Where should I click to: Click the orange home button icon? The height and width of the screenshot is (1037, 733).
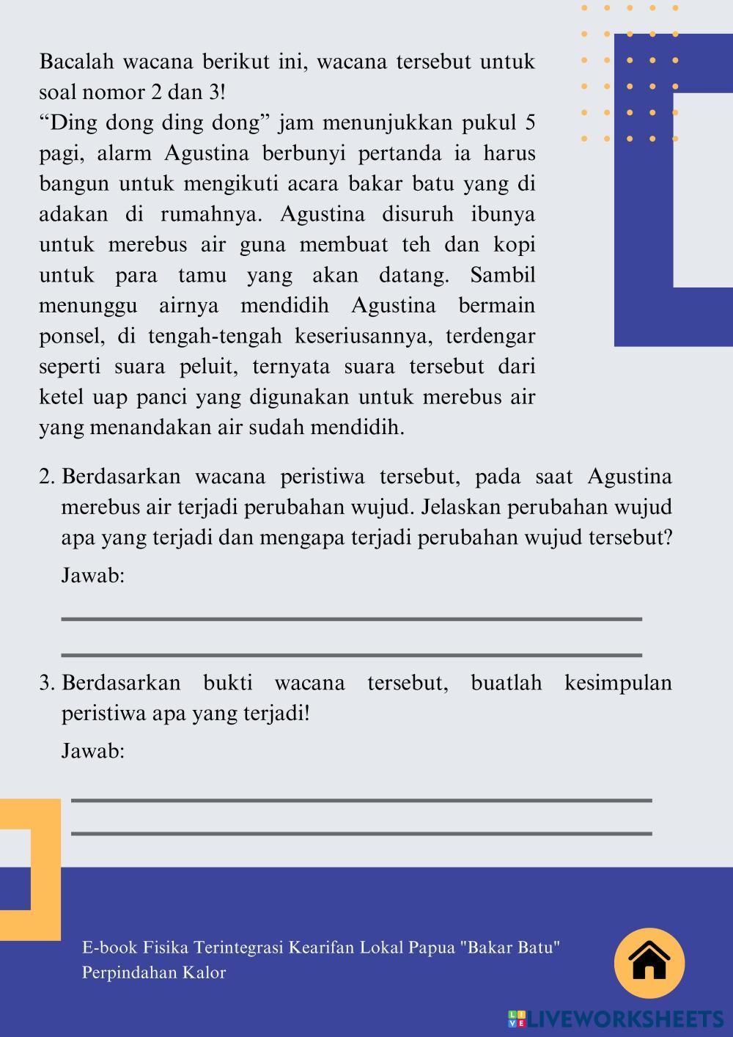(x=649, y=963)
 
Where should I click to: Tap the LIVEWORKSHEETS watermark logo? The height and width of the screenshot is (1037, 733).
(x=616, y=1019)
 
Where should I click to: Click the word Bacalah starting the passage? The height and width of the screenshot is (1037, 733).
(x=75, y=62)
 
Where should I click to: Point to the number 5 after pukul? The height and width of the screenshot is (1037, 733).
(x=529, y=122)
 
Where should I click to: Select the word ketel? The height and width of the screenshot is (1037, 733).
(x=62, y=397)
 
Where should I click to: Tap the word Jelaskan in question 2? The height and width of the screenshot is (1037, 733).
(x=461, y=507)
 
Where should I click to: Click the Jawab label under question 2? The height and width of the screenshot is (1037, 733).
(x=92, y=576)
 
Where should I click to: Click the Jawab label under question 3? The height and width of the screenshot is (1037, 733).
(x=92, y=751)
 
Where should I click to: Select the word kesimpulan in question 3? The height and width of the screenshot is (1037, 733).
(x=618, y=684)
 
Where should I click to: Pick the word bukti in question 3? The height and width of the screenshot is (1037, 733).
(x=227, y=684)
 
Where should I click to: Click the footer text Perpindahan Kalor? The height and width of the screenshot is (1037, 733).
(x=154, y=973)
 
